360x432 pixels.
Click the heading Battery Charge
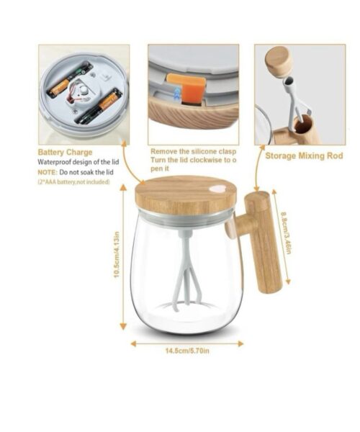pyautogui.click(x=65, y=153)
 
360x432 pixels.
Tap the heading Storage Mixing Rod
pyautogui.click(x=304, y=156)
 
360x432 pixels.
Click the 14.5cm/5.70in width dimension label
pyautogui.click(x=187, y=351)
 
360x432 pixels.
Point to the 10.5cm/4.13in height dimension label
pyautogui.click(x=117, y=254)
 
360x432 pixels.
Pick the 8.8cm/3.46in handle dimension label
pyautogui.click(x=285, y=233)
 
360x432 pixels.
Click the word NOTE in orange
pyautogui.click(x=48, y=173)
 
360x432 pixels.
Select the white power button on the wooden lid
pyautogui.click(x=217, y=189)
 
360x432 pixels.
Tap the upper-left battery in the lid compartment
pyautogui.click(x=70, y=80)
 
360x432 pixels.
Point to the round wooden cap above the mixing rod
pyautogui.click(x=278, y=61)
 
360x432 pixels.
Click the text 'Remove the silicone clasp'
pyautogui.click(x=194, y=151)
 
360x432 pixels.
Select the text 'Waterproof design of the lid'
pyautogui.click(x=78, y=162)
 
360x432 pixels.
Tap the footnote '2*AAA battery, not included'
pyautogui.click(x=73, y=182)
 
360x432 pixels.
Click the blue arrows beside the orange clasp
pyautogui.click(x=177, y=93)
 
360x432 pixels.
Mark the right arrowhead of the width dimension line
pyautogui.click(x=240, y=343)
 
